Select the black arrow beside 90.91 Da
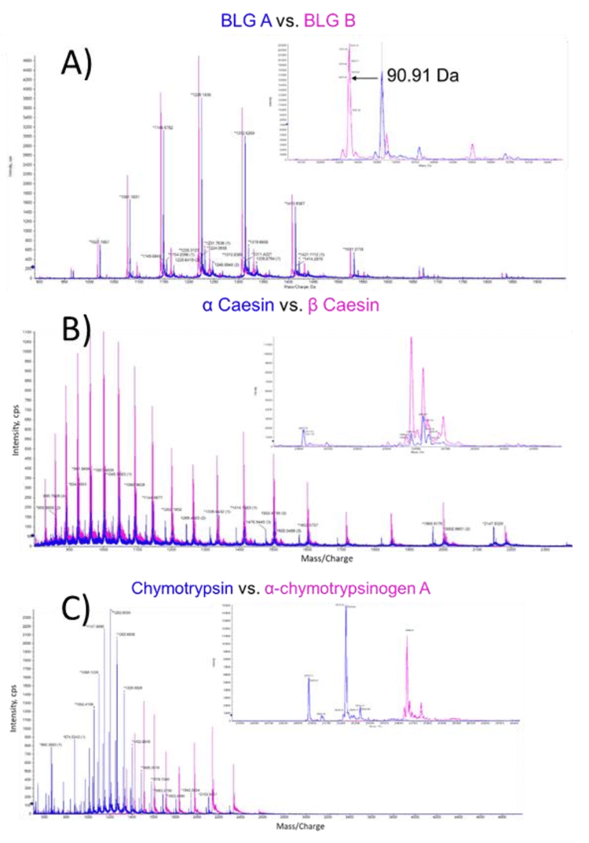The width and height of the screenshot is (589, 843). (x=366, y=78)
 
